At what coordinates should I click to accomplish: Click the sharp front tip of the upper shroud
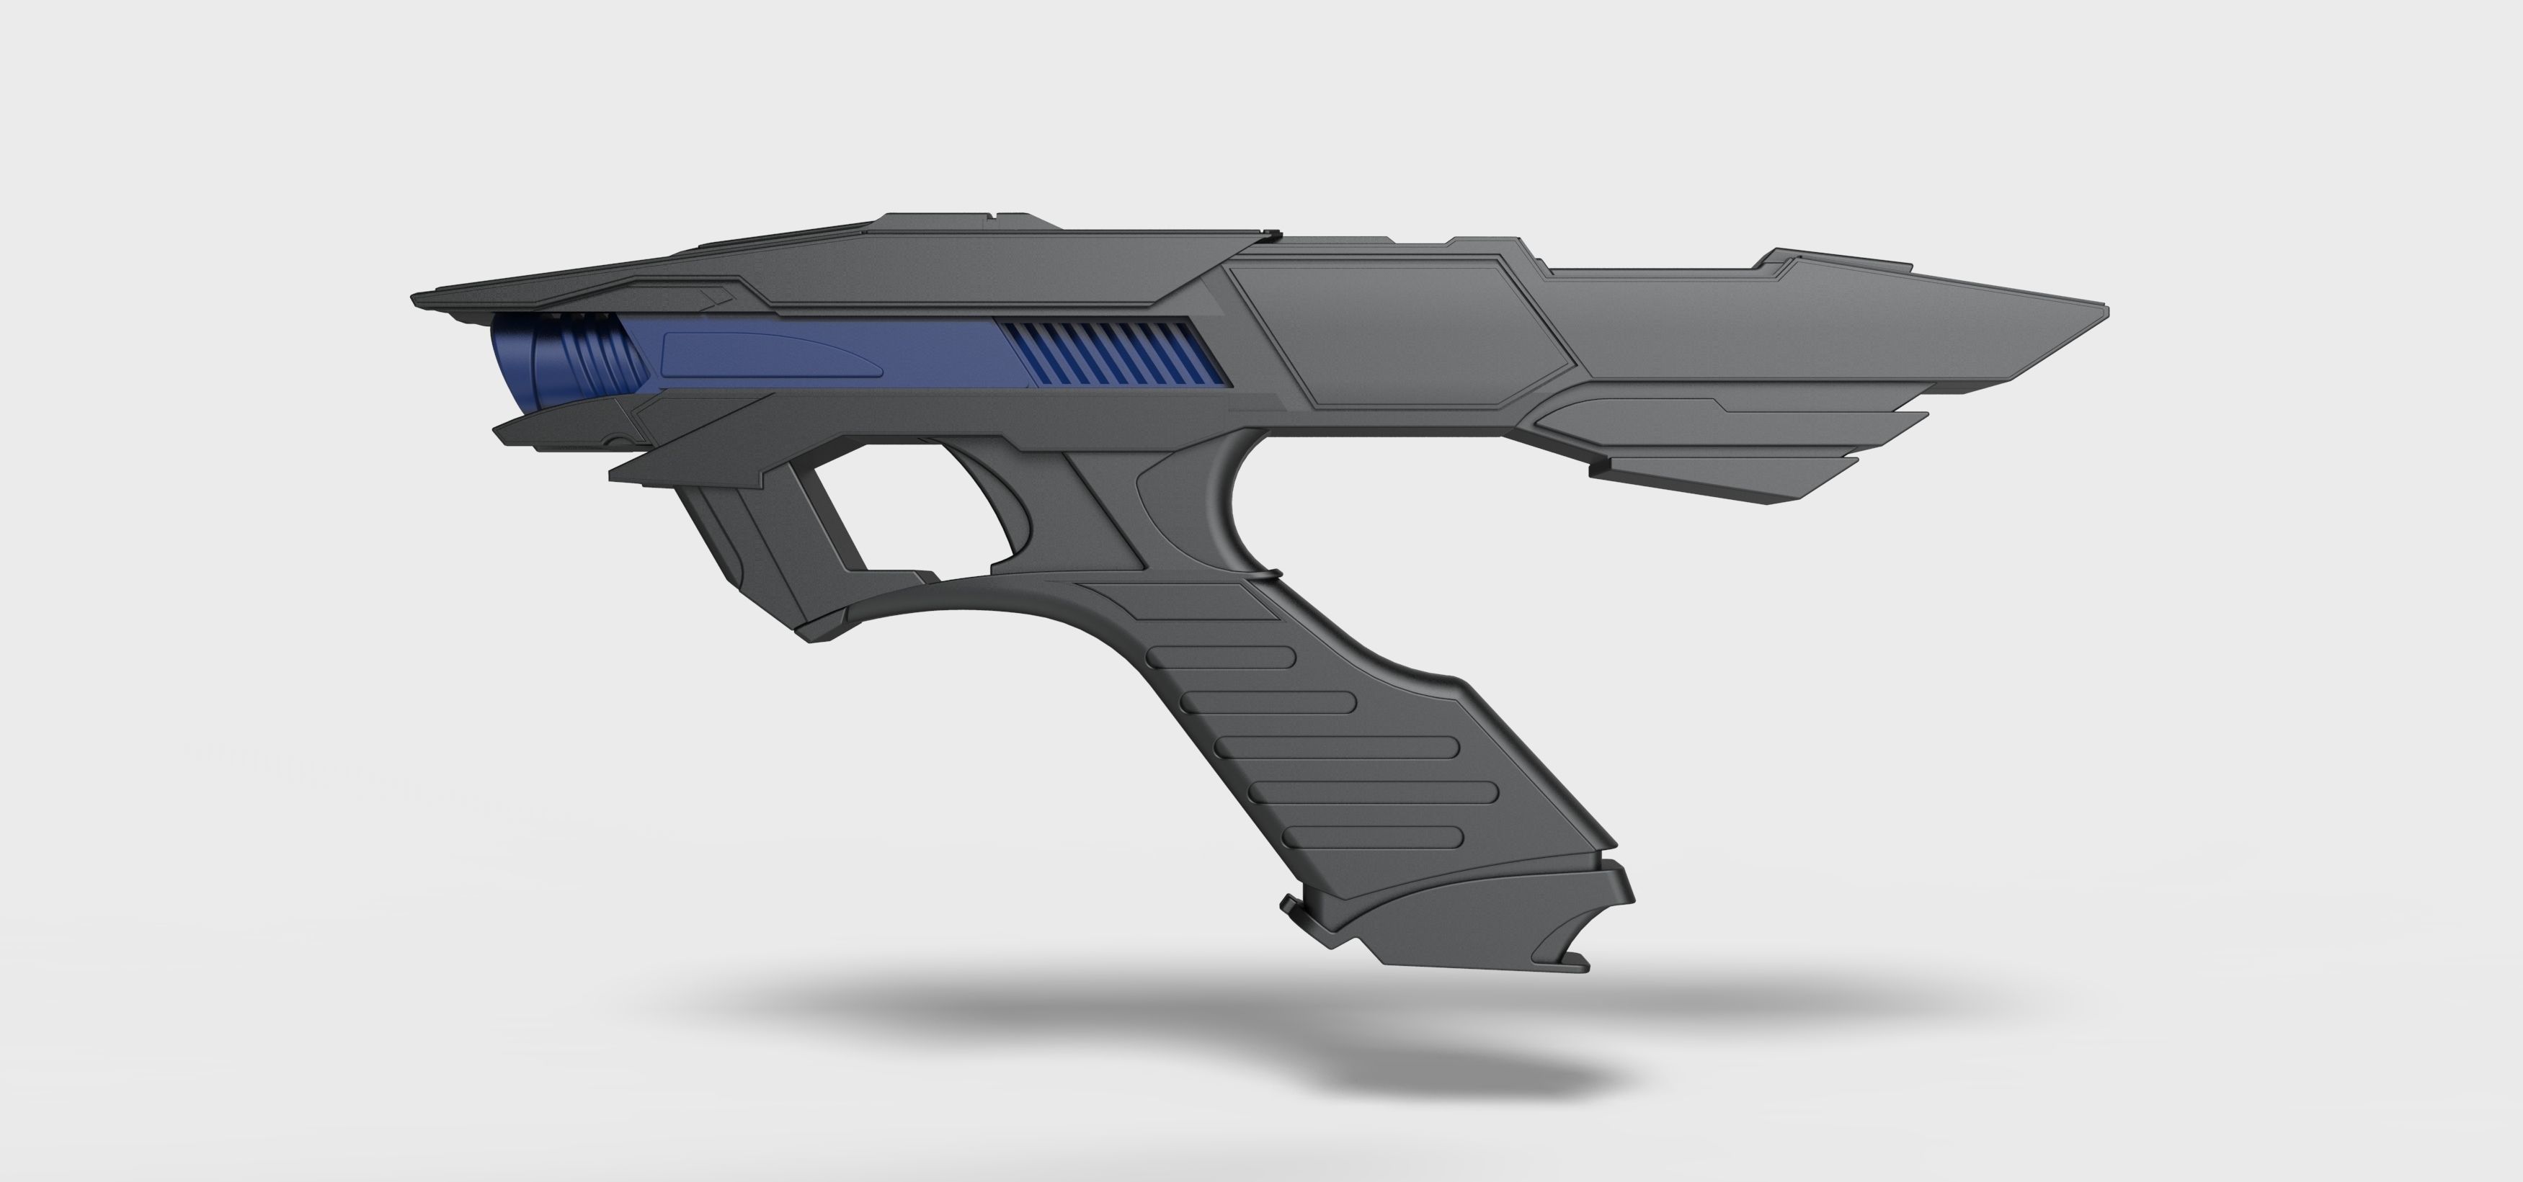[417, 299]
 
